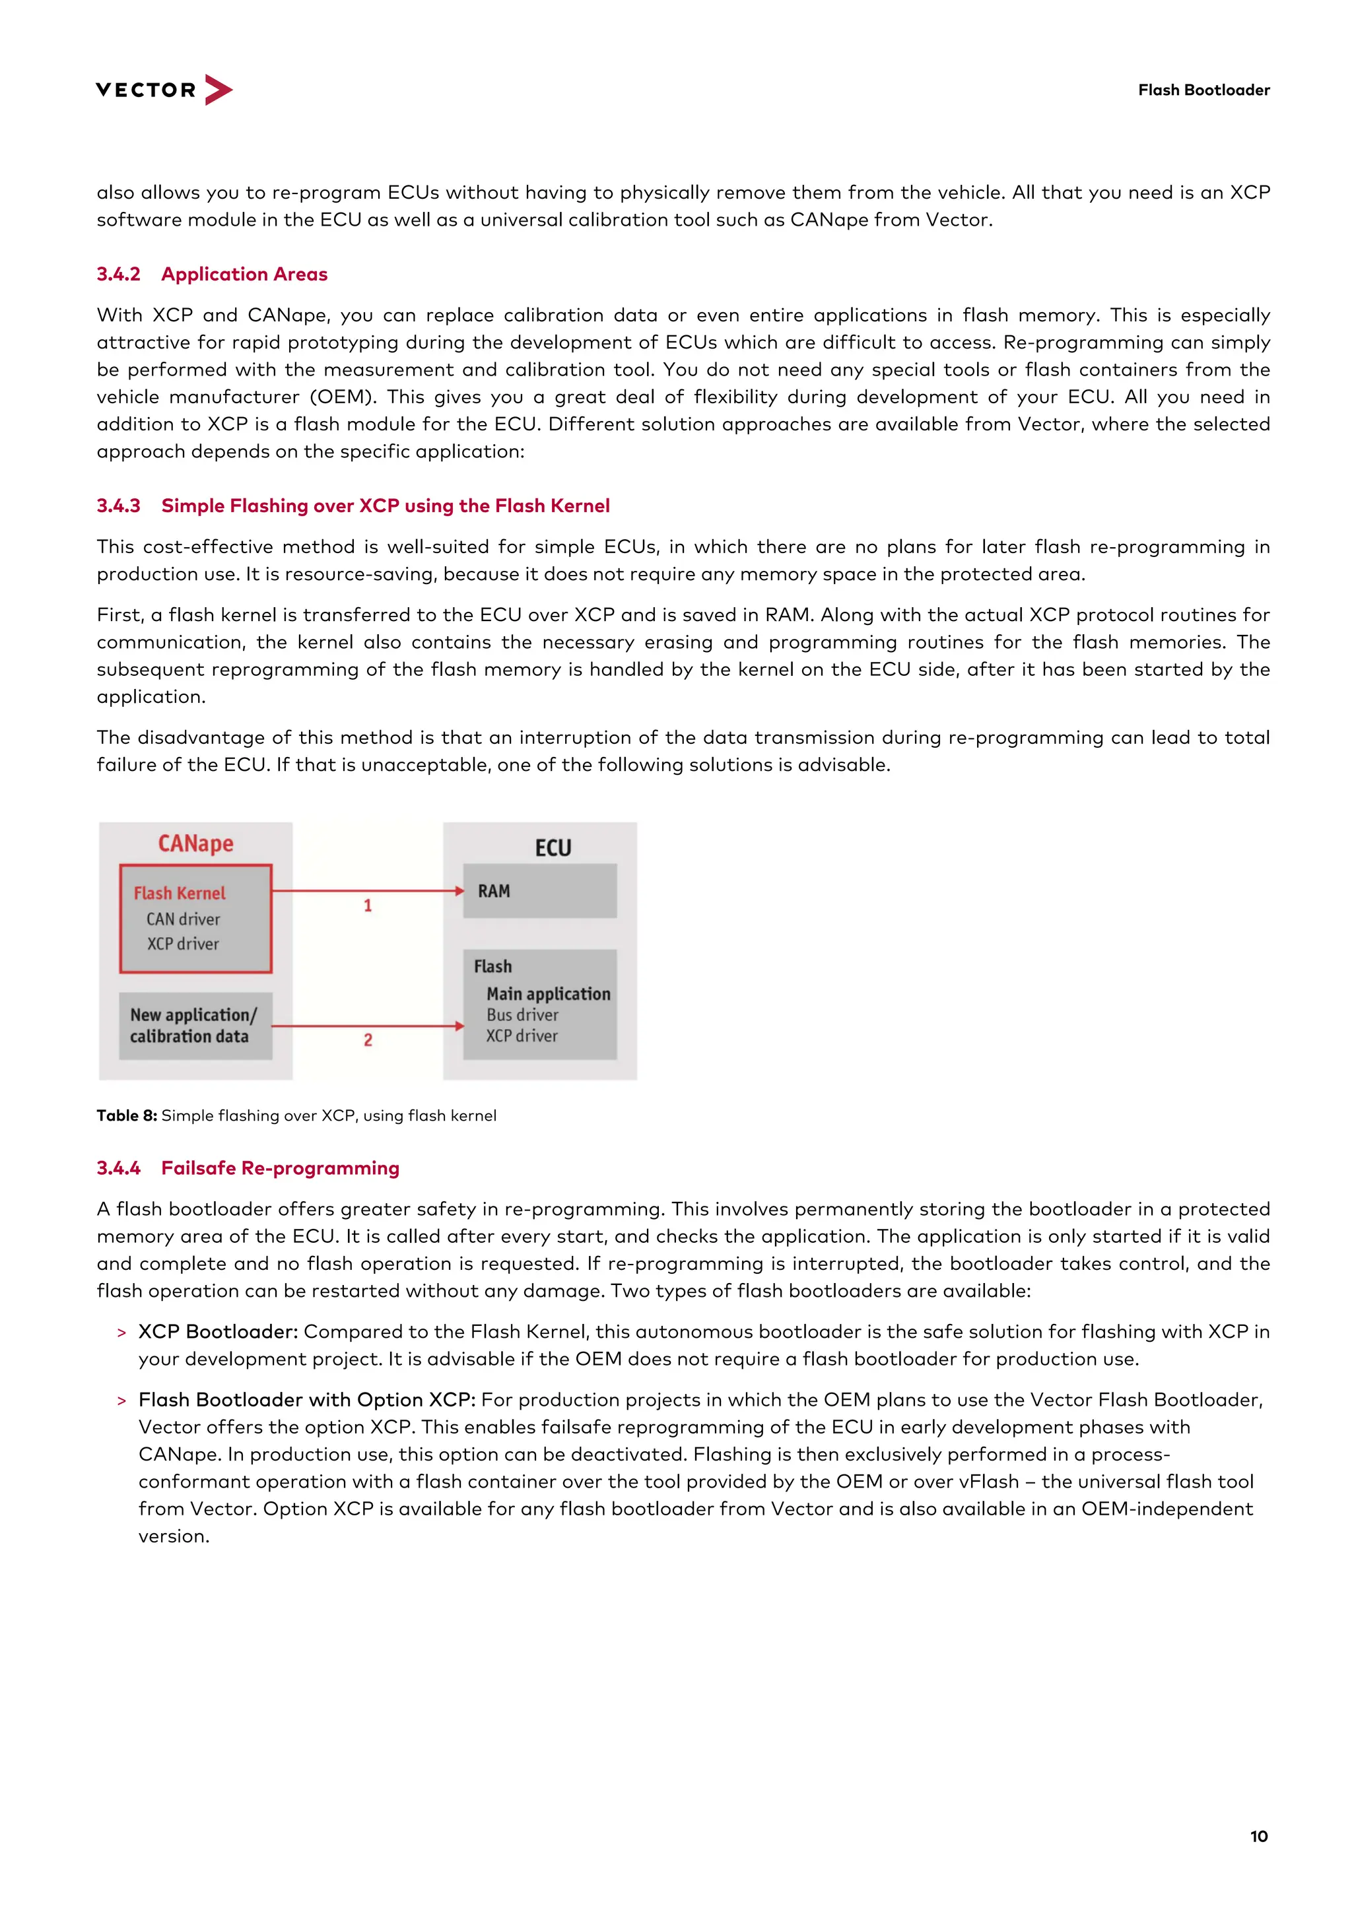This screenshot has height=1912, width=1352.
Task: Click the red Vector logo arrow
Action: [219, 89]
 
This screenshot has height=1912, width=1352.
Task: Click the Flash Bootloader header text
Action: [1203, 90]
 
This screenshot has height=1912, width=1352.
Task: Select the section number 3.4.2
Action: [118, 274]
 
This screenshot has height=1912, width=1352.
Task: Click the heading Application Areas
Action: [244, 274]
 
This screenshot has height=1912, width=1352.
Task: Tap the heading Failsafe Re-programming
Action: [280, 1168]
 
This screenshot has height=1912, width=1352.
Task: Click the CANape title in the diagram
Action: [196, 843]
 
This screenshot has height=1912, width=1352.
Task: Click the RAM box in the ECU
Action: [540, 891]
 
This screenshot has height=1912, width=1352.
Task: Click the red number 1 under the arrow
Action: [367, 906]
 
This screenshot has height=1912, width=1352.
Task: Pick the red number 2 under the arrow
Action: [367, 1039]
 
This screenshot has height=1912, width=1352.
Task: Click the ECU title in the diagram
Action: [553, 847]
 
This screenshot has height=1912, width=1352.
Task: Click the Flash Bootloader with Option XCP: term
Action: [306, 1399]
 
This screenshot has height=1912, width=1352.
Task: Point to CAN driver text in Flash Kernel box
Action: [184, 919]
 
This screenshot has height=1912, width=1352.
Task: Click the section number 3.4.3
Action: [118, 506]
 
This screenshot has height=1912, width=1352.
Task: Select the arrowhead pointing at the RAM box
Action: [459, 891]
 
